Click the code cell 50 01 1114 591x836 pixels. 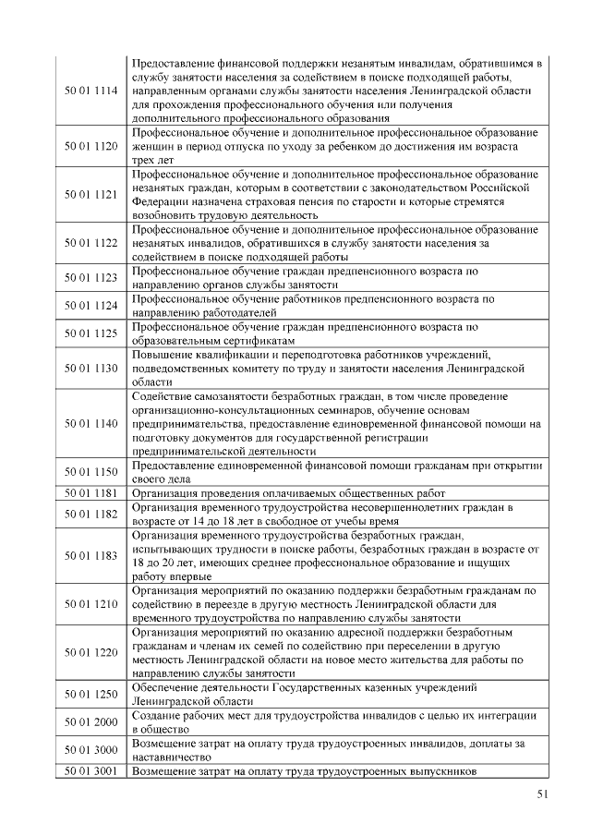(x=91, y=91)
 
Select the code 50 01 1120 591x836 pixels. (x=91, y=147)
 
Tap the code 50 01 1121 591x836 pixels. (x=91, y=195)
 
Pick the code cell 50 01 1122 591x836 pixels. (x=91, y=243)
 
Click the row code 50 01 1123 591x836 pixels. (x=91, y=278)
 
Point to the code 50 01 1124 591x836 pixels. (x=91, y=306)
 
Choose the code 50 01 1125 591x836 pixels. (x=91, y=333)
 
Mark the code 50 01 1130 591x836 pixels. (x=91, y=368)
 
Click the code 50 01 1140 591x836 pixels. (x=91, y=423)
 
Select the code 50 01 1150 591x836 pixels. (x=91, y=471)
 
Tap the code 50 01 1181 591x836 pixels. (x=91, y=492)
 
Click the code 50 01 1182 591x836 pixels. (x=91, y=514)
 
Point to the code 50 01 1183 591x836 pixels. (x=91, y=555)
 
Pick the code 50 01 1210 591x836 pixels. (x=91, y=604)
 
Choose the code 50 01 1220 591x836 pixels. (x=91, y=652)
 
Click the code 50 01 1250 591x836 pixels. (x=91, y=694)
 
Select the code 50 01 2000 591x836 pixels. (x=91, y=721)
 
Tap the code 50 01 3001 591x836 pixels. (x=91, y=770)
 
